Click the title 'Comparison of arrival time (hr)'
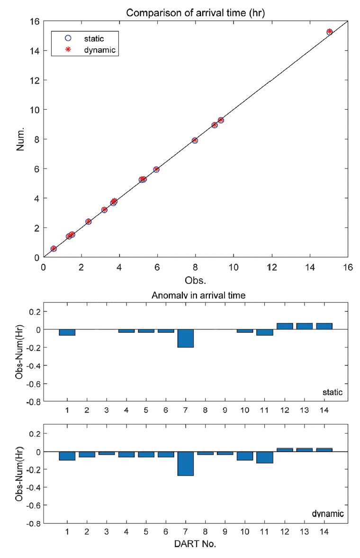[x=195, y=13]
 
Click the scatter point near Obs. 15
[x=330, y=32]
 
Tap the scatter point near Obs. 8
[x=195, y=141]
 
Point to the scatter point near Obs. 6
[x=156, y=169]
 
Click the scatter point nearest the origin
[x=54, y=248]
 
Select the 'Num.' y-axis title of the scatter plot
[x=21, y=139]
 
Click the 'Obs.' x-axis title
[x=195, y=280]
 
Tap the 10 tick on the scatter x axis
[x=234, y=267]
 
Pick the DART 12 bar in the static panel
[x=285, y=326]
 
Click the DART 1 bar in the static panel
[x=67, y=332]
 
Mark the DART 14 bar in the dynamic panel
[x=324, y=450]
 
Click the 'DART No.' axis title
[x=195, y=544]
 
